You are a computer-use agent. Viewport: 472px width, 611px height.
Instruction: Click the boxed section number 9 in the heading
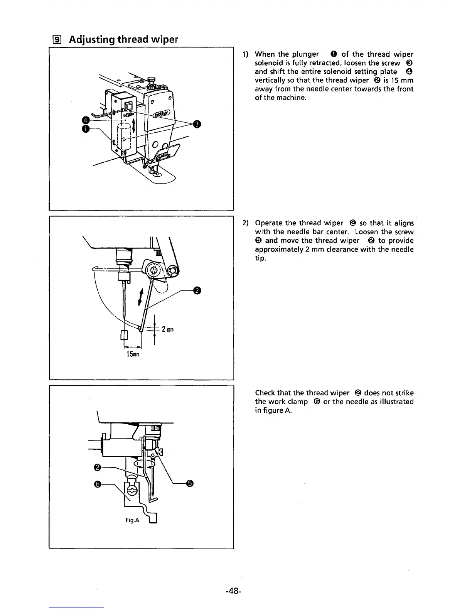[x=54, y=40]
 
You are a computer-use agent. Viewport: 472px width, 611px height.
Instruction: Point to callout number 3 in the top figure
[x=197, y=124]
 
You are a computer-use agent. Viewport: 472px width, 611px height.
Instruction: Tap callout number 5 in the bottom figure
[x=189, y=484]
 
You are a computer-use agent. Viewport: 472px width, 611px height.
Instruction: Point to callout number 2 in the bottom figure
[x=98, y=468]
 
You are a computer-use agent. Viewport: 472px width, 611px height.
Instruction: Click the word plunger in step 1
[x=305, y=54]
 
